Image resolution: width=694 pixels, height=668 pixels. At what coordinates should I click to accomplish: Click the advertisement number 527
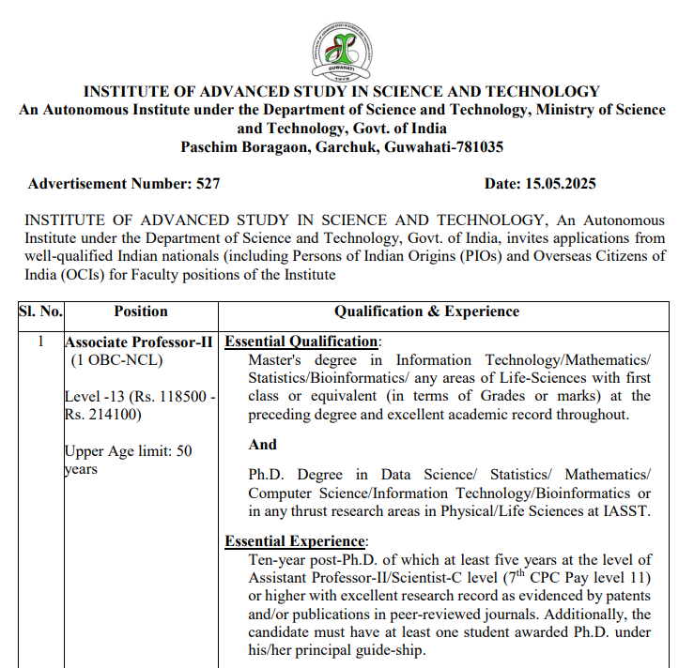(x=208, y=184)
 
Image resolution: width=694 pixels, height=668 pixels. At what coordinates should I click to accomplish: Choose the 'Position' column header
(x=141, y=311)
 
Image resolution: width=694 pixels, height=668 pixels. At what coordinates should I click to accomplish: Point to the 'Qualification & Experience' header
(x=426, y=311)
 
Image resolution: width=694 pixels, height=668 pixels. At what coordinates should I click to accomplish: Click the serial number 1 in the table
(x=40, y=342)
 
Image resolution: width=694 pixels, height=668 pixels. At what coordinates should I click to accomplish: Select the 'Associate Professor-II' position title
(x=141, y=342)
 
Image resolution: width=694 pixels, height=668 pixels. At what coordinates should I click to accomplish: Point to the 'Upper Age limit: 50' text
(x=128, y=451)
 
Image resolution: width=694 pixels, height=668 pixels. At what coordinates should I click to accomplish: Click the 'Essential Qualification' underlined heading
(x=301, y=342)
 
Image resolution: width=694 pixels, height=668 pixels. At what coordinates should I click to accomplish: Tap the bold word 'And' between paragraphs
(x=263, y=445)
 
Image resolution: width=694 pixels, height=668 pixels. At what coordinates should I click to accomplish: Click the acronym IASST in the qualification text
(x=627, y=511)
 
